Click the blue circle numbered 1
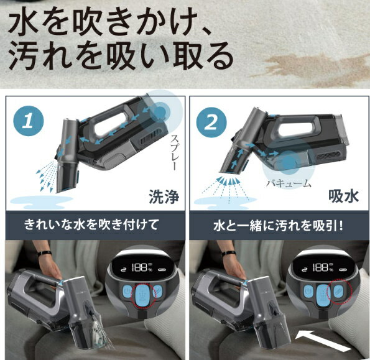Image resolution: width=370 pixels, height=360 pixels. click(29, 121)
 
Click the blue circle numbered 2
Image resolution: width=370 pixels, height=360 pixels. click(211, 122)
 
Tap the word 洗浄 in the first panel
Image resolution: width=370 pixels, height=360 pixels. click(164, 196)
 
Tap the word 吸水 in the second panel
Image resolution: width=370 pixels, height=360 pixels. click(343, 196)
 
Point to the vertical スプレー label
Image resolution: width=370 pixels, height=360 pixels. click(173, 152)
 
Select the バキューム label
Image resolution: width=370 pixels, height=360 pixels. click(289, 183)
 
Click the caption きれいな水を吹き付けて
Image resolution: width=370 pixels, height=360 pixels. click(91, 224)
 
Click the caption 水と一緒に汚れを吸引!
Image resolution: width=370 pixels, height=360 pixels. click(278, 226)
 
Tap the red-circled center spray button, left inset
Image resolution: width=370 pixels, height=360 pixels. click(143, 294)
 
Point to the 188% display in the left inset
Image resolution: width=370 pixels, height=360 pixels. click(142, 268)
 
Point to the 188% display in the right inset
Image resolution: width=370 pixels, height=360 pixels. click(322, 268)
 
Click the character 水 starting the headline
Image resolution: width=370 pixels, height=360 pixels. click(24, 22)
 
